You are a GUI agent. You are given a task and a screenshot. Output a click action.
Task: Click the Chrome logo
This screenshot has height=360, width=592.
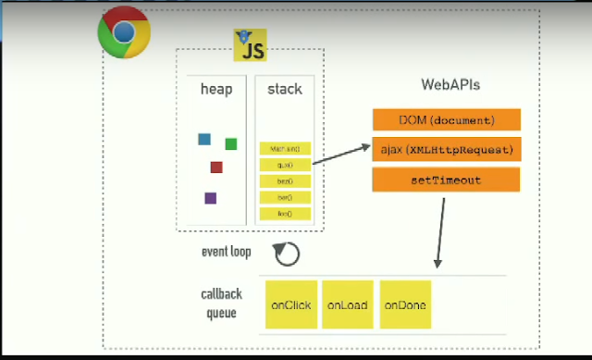point(124,33)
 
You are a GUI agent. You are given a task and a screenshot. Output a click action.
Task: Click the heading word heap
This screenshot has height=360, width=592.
point(216,90)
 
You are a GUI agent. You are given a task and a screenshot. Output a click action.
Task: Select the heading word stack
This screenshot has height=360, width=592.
point(284,90)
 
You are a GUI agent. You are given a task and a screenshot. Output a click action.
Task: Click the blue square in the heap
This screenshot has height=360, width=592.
point(204,140)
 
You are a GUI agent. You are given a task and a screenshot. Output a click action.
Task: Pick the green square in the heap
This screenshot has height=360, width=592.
point(230,143)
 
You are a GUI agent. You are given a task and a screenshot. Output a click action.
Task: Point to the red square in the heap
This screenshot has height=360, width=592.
point(216,168)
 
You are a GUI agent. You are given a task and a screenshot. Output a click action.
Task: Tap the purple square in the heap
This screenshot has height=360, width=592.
point(211,198)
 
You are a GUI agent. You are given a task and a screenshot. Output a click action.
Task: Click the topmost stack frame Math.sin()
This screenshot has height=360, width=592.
point(285,148)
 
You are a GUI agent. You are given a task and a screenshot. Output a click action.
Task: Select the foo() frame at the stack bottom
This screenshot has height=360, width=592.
point(285,214)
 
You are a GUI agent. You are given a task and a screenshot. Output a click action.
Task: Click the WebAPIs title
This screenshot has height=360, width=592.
point(450,85)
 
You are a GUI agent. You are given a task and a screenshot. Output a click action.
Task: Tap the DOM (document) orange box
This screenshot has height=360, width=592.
point(446,119)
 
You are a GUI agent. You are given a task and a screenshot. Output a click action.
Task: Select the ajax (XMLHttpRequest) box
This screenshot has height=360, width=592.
point(446,149)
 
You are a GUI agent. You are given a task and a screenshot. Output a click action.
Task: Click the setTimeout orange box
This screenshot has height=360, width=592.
point(446,180)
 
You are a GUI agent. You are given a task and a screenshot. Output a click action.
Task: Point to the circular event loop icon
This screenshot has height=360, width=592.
point(288,252)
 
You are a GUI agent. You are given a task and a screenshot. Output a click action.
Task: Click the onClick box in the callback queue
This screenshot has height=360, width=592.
point(290,304)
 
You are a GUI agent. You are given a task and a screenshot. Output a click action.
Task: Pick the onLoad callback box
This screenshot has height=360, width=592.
point(348,304)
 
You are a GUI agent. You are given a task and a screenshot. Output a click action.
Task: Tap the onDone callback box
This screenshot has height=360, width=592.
point(405,304)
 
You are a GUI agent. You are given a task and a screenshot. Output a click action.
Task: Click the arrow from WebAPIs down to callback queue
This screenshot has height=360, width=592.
point(441,231)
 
